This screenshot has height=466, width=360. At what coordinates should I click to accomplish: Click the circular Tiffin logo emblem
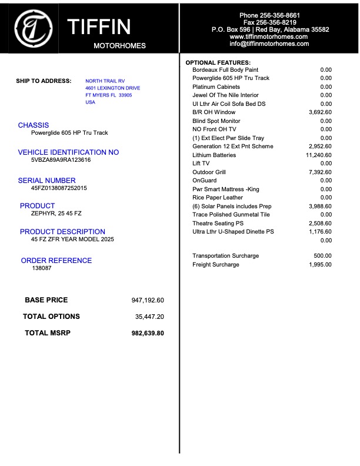(33, 27)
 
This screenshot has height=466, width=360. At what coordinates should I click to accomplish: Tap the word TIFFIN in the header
(99, 27)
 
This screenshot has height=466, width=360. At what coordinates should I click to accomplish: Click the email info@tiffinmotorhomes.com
(269, 44)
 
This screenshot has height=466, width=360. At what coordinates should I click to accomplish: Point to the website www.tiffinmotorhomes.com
(269, 36)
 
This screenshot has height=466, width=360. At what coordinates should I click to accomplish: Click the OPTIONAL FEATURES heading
(218, 62)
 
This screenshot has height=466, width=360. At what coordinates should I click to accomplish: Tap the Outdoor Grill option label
(209, 172)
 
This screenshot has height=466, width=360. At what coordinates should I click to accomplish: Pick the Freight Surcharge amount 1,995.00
(320, 265)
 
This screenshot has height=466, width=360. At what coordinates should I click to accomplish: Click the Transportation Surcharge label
(225, 256)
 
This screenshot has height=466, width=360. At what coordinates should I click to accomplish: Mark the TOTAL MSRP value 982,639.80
(147, 333)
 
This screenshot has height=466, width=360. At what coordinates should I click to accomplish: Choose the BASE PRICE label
(46, 300)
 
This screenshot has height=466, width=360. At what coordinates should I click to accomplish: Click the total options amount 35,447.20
(149, 317)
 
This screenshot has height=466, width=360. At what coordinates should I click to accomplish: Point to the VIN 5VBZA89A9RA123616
(61, 160)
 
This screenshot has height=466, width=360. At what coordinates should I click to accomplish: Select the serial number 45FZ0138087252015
(59, 188)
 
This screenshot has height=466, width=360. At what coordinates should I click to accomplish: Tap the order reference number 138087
(42, 268)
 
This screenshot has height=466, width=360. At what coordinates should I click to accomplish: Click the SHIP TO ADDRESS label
(44, 81)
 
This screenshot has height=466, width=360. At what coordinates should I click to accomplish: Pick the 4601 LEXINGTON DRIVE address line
(113, 88)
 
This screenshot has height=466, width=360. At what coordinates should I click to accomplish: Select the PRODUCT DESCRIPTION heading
(62, 232)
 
